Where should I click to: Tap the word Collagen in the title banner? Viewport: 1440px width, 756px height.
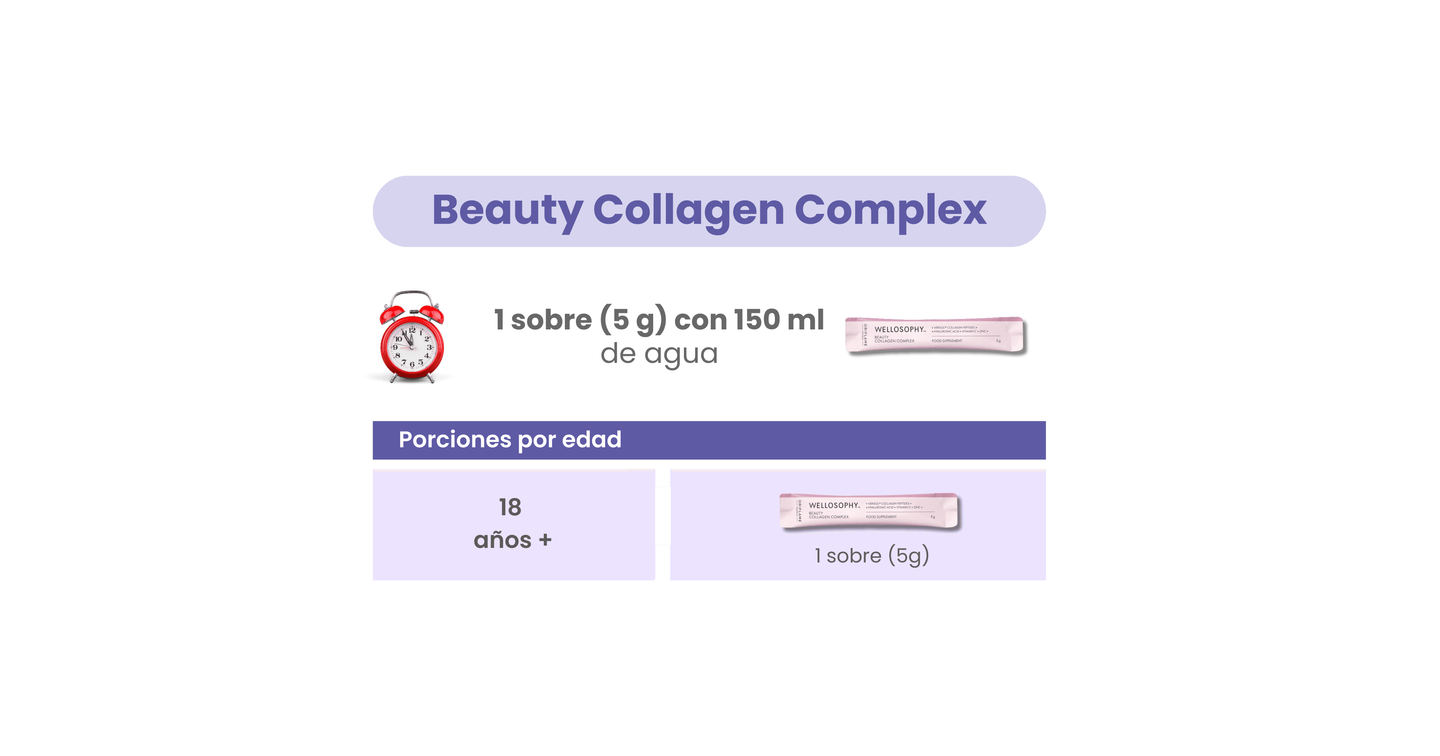[688, 211]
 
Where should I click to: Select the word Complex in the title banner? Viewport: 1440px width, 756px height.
[890, 211]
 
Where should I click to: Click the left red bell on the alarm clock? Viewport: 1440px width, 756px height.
[392, 314]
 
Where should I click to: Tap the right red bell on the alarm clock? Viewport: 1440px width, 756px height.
[432, 313]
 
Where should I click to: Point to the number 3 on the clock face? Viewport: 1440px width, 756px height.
[429, 347]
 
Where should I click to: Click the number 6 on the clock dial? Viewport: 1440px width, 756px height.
[412, 364]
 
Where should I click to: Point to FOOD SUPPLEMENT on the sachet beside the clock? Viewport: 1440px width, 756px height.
[947, 341]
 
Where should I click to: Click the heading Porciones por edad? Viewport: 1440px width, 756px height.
[510, 440]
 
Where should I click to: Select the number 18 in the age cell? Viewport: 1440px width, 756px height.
[510, 507]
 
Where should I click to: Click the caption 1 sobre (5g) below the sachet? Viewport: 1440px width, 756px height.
[872, 556]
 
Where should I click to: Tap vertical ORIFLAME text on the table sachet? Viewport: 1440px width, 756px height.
[799, 511]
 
